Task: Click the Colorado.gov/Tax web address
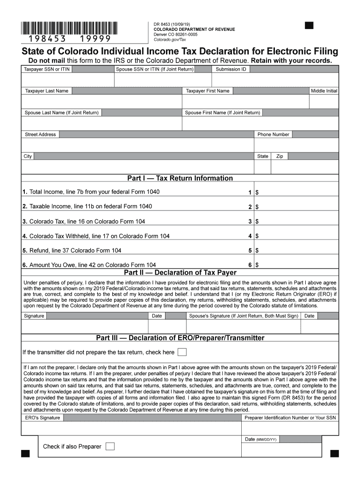pos(170,39)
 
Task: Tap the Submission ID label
pos(230,69)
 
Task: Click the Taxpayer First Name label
pos(208,91)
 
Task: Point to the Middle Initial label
pos(324,91)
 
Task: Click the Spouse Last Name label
pos(62,113)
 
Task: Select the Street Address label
pos(40,135)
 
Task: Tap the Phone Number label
pos(273,135)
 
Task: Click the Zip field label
pos(280,156)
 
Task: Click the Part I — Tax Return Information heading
pos(180,178)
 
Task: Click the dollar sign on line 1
pos(257,193)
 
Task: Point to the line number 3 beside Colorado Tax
pos(250,222)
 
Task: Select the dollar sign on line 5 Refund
pos(257,251)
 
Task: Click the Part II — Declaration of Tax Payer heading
pos(180,273)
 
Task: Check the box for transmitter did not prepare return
pos(182,352)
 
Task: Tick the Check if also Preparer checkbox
pos(110,446)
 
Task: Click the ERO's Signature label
pos(43,418)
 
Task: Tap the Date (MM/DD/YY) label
pos(261,440)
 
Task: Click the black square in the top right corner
pos(309,25)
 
